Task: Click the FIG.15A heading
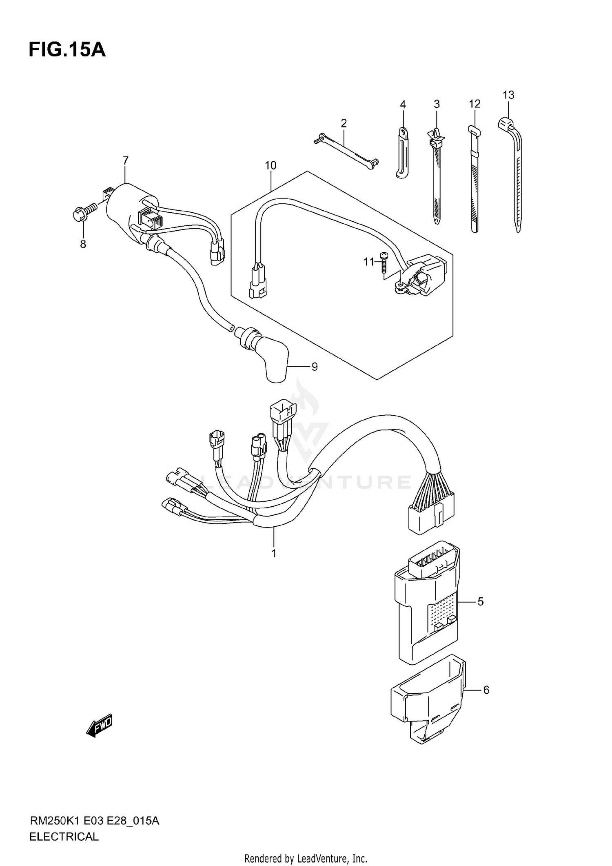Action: coord(67,50)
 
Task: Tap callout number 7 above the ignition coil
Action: coord(125,160)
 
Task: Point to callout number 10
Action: coord(271,165)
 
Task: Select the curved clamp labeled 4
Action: coord(402,153)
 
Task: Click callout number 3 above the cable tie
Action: coord(437,104)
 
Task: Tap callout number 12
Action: coord(475,104)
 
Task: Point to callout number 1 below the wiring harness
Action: coord(274,553)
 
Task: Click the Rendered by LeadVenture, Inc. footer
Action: coord(306,859)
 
